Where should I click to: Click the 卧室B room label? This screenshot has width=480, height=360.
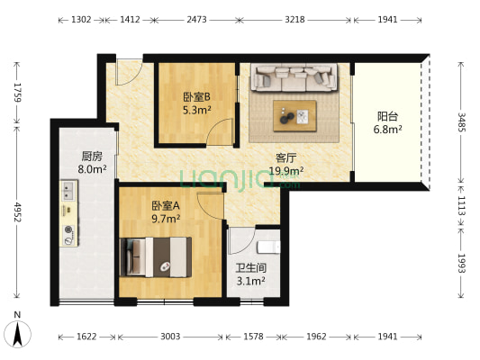tap(195, 98)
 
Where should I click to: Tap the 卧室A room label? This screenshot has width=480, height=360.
tap(166, 204)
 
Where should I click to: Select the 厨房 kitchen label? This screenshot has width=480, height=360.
tap(92, 156)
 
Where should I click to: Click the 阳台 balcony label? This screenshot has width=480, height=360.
tap(389, 116)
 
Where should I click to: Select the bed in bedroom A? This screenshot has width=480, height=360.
tap(157, 256)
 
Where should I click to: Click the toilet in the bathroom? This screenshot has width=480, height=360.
tap(267, 245)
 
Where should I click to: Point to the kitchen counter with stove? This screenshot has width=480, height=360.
tap(69, 212)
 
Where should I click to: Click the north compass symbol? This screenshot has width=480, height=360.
tap(17, 333)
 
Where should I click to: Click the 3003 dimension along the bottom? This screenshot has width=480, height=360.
tap(169, 337)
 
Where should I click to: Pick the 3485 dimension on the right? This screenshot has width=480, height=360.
tap(463, 123)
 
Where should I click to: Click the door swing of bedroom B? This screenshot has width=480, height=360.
tap(217, 132)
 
